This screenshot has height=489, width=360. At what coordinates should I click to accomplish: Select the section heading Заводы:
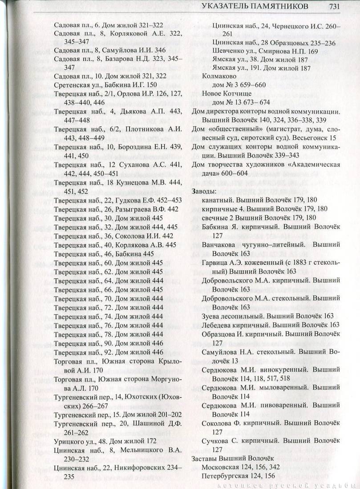[204, 192]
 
